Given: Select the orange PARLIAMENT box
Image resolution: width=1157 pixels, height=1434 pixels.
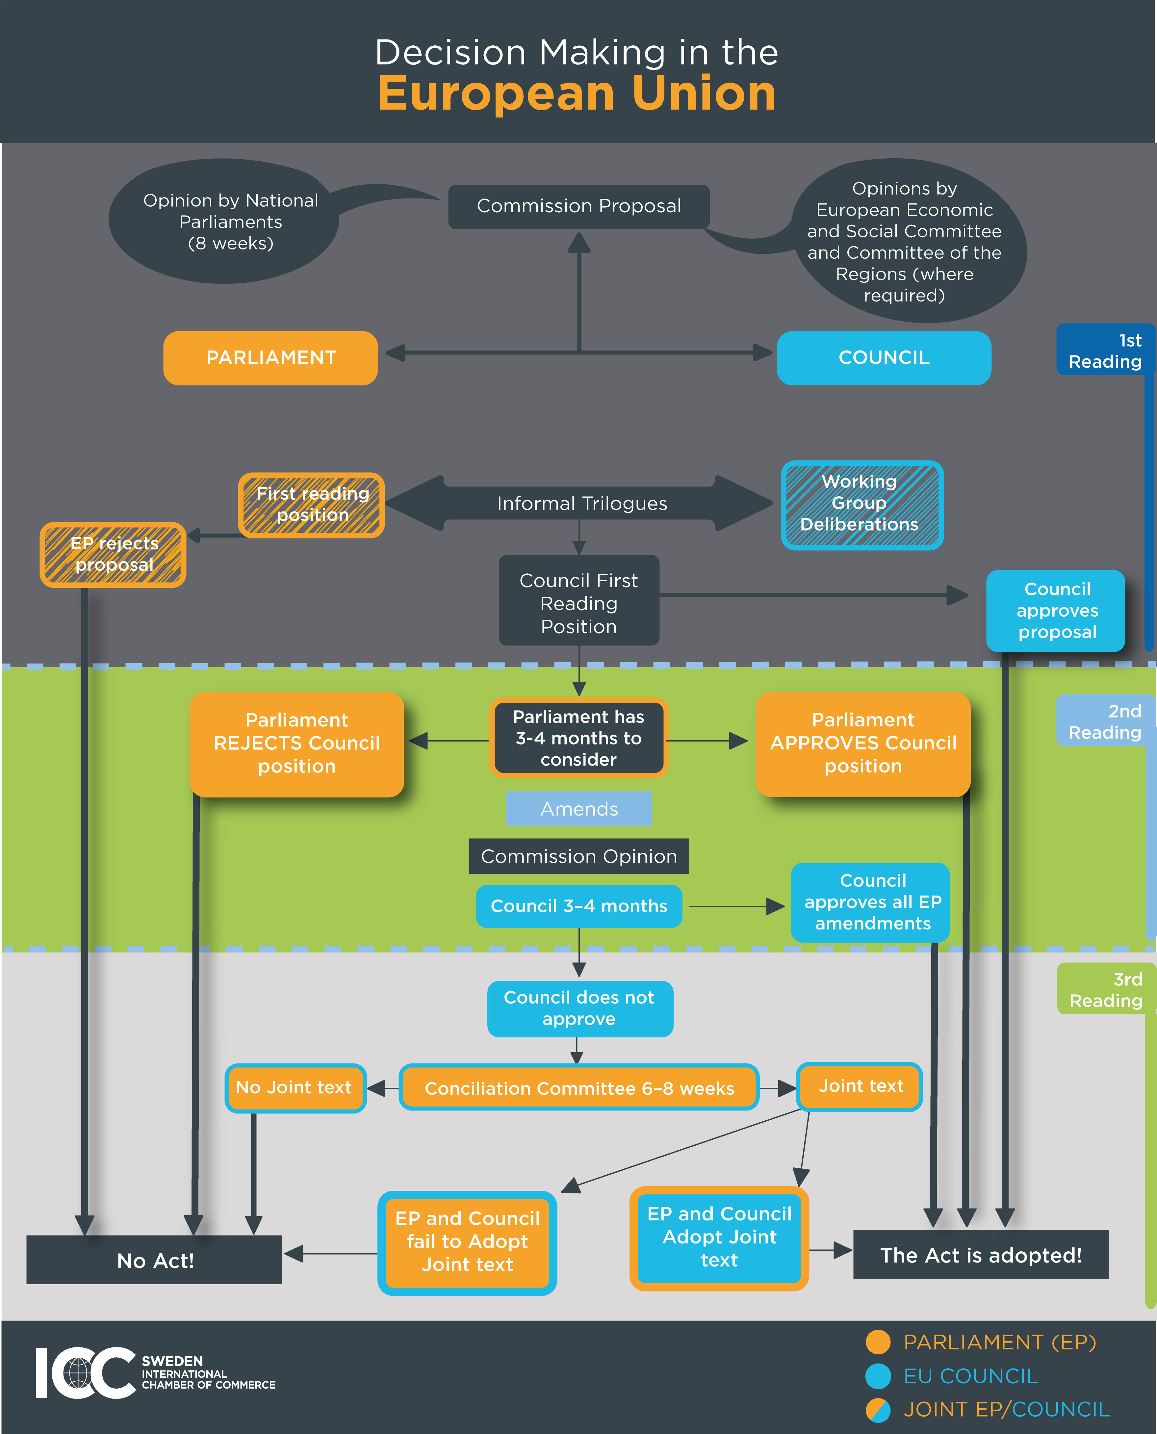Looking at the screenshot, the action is click(270, 358).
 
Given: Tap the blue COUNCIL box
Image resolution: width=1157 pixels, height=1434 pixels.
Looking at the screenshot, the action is click(884, 358).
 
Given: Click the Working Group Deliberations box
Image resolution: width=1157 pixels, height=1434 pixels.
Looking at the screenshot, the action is click(862, 505).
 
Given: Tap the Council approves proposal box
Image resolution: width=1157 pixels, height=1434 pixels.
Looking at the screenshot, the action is click(1056, 611).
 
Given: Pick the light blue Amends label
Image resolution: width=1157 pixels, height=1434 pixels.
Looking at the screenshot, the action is click(578, 809).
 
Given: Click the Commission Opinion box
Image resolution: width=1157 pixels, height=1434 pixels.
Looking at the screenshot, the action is click(578, 856).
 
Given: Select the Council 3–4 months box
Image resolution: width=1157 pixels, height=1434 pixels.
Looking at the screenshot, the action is click(578, 906).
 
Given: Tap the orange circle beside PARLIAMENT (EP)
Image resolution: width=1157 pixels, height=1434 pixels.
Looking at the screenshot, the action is click(878, 1342).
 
